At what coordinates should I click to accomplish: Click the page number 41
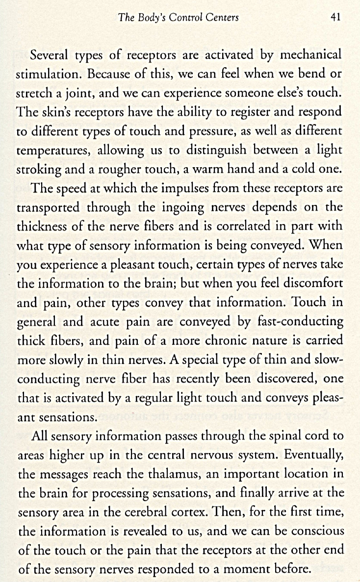pos(336,18)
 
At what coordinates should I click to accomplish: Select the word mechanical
pos(310,55)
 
